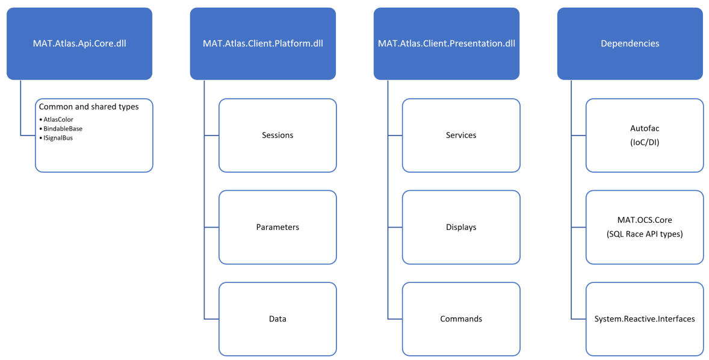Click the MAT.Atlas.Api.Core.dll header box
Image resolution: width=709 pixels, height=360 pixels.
(x=79, y=43)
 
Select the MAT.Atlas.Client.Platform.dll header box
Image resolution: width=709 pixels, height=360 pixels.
(x=263, y=43)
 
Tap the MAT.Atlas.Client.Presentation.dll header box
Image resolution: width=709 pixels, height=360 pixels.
(x=447, y=43)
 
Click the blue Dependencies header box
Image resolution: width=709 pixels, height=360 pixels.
(x=630, y=43)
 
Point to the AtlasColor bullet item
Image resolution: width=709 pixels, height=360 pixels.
(x=58, y=119)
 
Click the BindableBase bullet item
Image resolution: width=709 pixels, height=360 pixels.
(x=63, y=128)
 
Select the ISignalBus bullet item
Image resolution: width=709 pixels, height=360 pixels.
(x=58, y=137)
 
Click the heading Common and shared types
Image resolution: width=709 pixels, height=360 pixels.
(x=88, y=107)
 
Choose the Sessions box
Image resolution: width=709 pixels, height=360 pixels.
(x=277, y=135)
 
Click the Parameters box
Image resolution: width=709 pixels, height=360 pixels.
(x=277, y=227)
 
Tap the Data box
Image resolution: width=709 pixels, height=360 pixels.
(x=277, y=318)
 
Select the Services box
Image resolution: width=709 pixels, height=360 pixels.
(x=461, y=135)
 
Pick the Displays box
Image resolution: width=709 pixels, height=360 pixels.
(x=461, y=227)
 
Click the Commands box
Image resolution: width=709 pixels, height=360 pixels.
(x=461, y=318)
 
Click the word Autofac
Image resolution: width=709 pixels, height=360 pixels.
(x=645, y=129)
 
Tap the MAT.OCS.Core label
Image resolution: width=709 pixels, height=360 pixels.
(x=645, y=221)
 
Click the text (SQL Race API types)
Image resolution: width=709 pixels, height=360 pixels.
(x=645, y=234)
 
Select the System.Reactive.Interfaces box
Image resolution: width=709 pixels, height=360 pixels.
(x=645, y=318)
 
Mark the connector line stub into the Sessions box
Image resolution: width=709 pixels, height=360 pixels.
(x=211, y=135)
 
